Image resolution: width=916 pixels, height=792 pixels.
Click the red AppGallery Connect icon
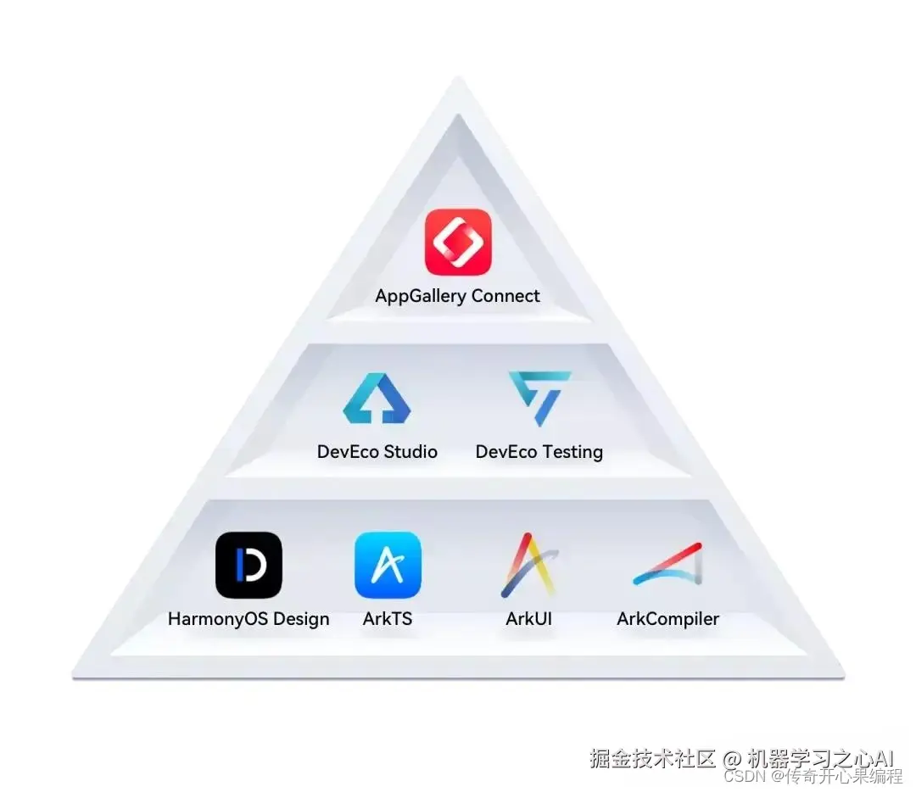click(458, 242)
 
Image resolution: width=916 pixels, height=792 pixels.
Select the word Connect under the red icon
click(506, 296)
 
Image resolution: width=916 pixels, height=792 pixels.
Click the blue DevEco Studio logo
click(377, 399)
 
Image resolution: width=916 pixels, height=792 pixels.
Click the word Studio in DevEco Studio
click(410, 452)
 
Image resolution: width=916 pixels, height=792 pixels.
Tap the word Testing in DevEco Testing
click(573, 452)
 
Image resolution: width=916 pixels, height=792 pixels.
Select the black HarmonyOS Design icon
click(249, 565)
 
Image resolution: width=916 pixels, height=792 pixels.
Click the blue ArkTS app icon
click(388, 565)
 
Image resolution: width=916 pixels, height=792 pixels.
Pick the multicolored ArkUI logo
click(528, 565)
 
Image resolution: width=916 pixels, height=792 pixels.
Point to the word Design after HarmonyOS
click(302, 620)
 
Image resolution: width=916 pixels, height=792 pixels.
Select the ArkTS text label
click(388, 619)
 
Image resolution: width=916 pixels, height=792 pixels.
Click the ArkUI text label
click(528, 619)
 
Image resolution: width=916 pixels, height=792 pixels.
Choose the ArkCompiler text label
click(667, 620)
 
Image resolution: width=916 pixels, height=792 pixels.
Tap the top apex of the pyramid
click(458, 81)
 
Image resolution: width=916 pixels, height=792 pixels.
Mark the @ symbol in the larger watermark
click(732, 757)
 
